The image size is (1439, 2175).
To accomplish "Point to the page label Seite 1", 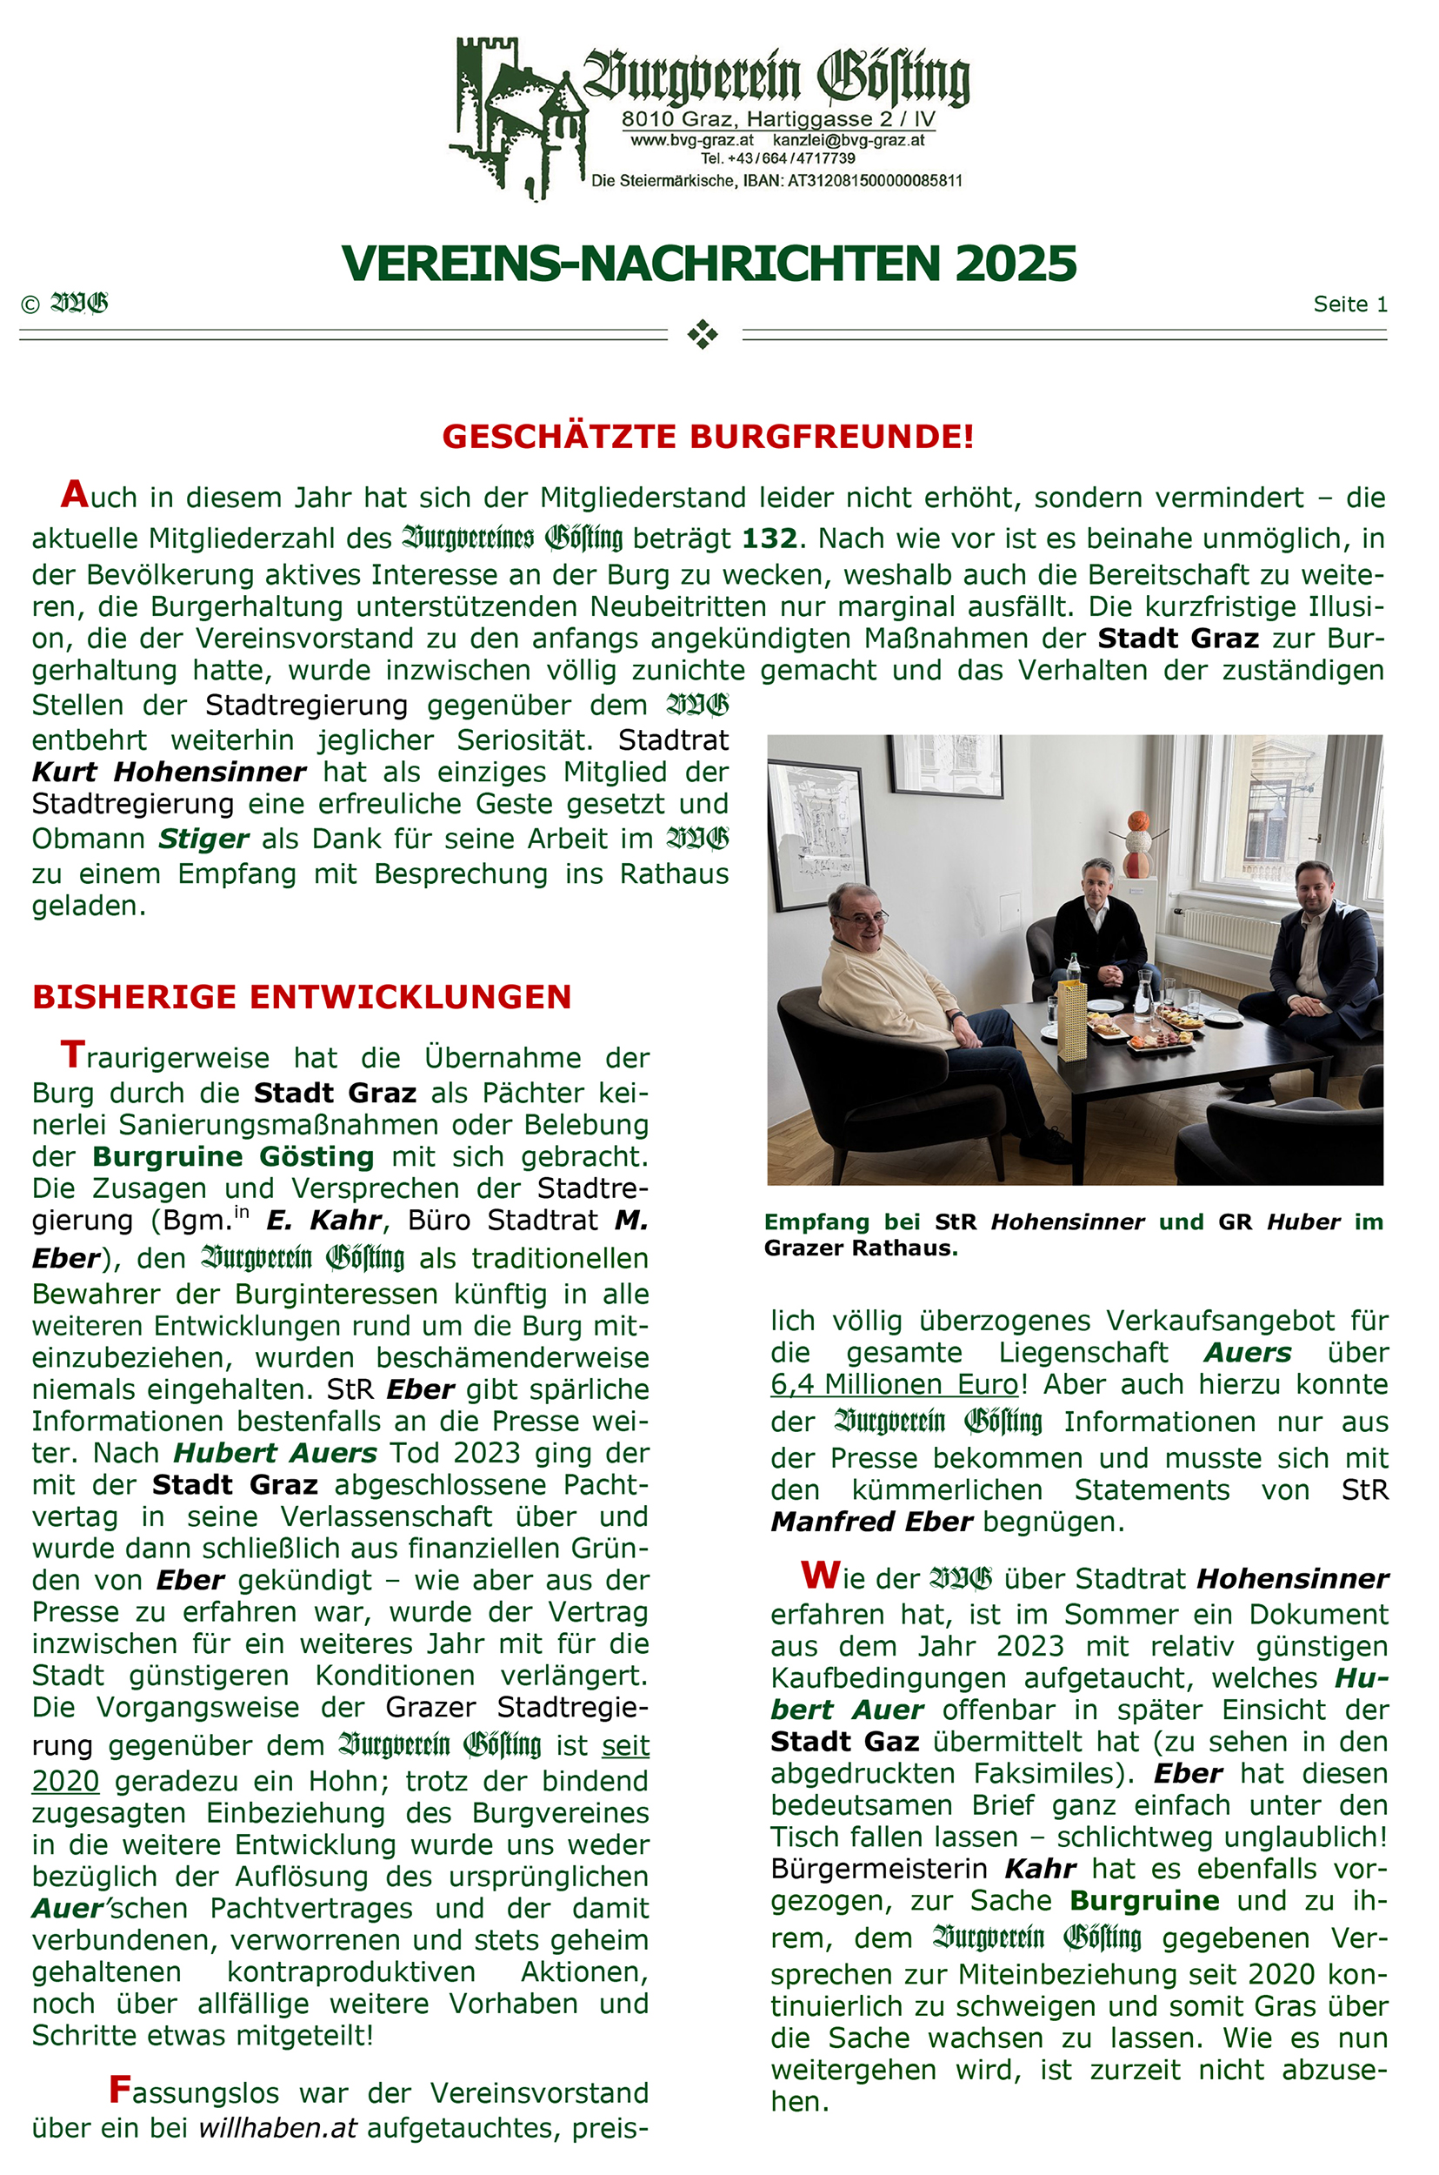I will [x=1349, y=304].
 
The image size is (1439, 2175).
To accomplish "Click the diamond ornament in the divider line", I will [x=703, y=334].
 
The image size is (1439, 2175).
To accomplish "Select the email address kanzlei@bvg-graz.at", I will [x=848, y=140].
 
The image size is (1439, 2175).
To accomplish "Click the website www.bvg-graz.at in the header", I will [x=692, y=140].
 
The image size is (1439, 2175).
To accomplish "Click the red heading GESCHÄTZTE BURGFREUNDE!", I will [x=708, y=436].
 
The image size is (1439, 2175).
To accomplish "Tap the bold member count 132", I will [x=769, y=538].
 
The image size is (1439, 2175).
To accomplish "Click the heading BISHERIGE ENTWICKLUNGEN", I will [x=302, y=996].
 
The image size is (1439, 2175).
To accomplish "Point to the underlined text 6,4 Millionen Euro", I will [x=895, y=1383].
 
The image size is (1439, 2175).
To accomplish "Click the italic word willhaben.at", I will [x=277, y=2127].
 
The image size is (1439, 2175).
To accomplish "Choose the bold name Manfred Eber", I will [x=871, y=1522].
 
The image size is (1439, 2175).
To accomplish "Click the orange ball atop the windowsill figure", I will [x=1138, y=819].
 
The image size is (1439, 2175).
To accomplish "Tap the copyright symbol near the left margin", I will [x=30, y=304].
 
